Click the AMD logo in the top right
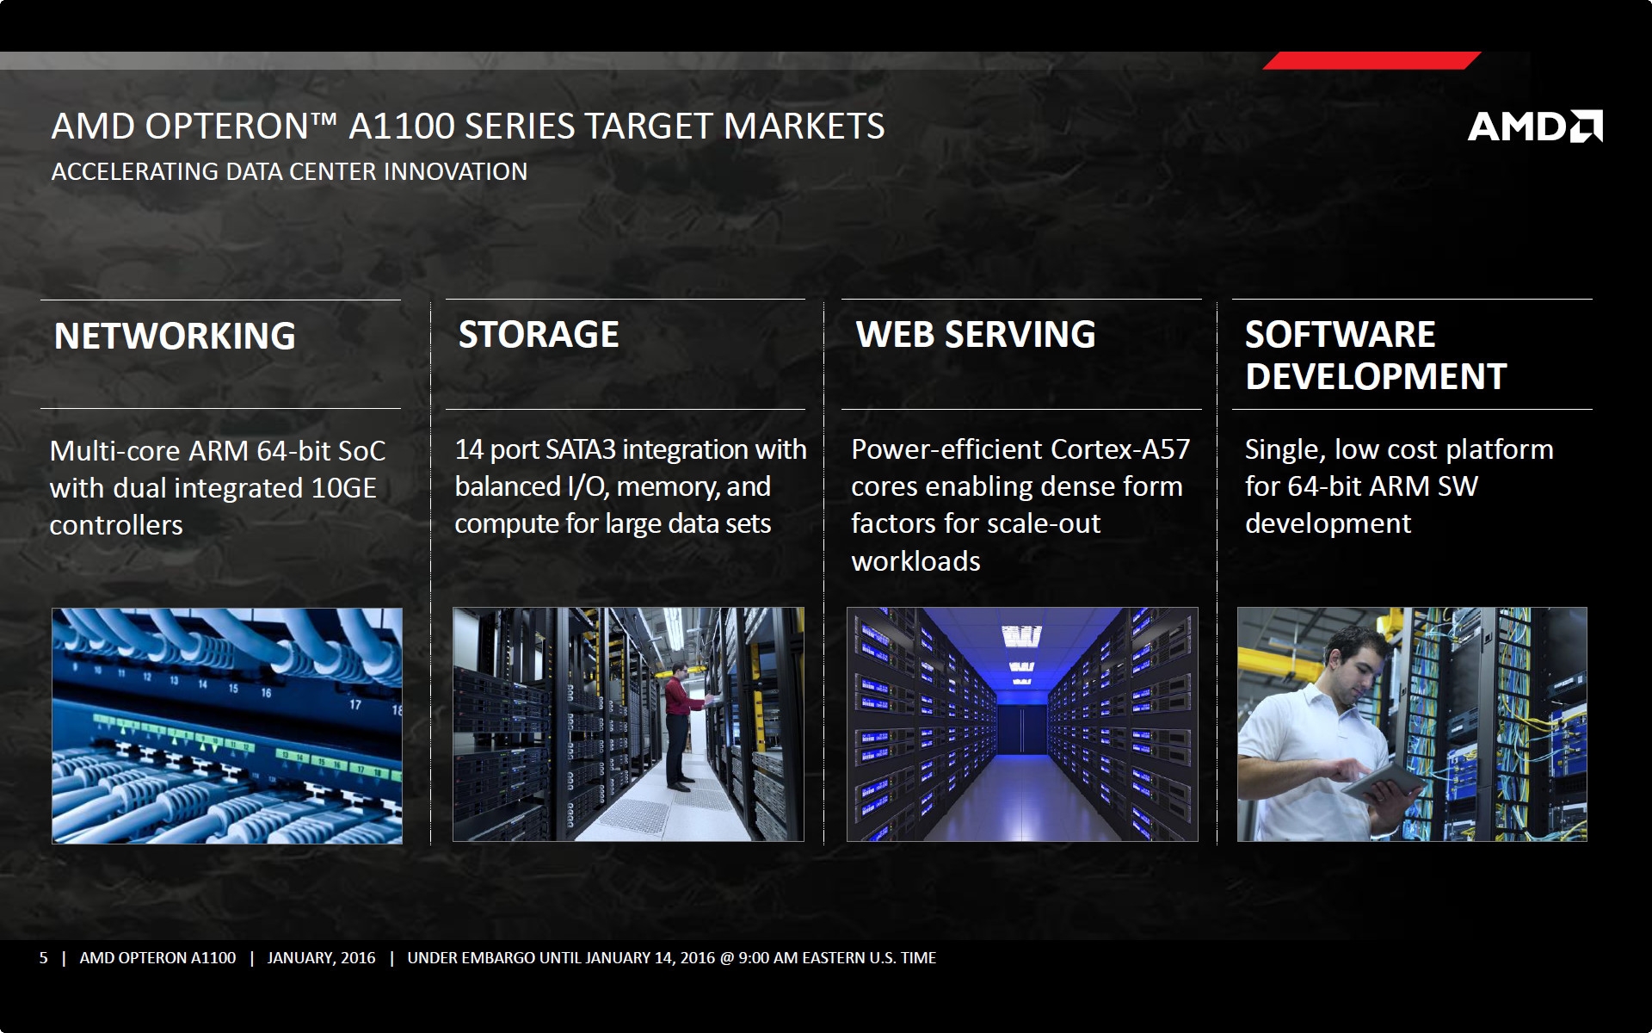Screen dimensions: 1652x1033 pyautogui.click(x=1535, y=126)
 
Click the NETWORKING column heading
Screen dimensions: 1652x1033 pyautogui.click(x=175, y=336)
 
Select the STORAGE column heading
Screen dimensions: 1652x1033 pyautogui.click(x=539, y=334)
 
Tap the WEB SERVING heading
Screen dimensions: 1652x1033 pyautogui.click(x=976, y=334)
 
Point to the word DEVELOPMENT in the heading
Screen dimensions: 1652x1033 pyautogui.click(x=1376, y=376)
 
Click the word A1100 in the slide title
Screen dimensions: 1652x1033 pyautogui.click(x=402, y=127)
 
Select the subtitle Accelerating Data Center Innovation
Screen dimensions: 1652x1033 pyautogui.click(x=289, y=171)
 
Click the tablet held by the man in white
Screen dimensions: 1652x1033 pyautogui.click(x=1384, y=782)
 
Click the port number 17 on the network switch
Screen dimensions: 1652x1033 pyautogui.click(x=355, y=705)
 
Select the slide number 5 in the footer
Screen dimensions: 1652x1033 pyautogui.click(x=43, y=958)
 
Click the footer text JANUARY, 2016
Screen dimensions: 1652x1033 pyautogui.click(x=321, y=958)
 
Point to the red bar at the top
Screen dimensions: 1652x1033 pyautogui.click(x=1372, y=60)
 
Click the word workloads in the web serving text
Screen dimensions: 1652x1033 pyautogui.click(x=915, y=561)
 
